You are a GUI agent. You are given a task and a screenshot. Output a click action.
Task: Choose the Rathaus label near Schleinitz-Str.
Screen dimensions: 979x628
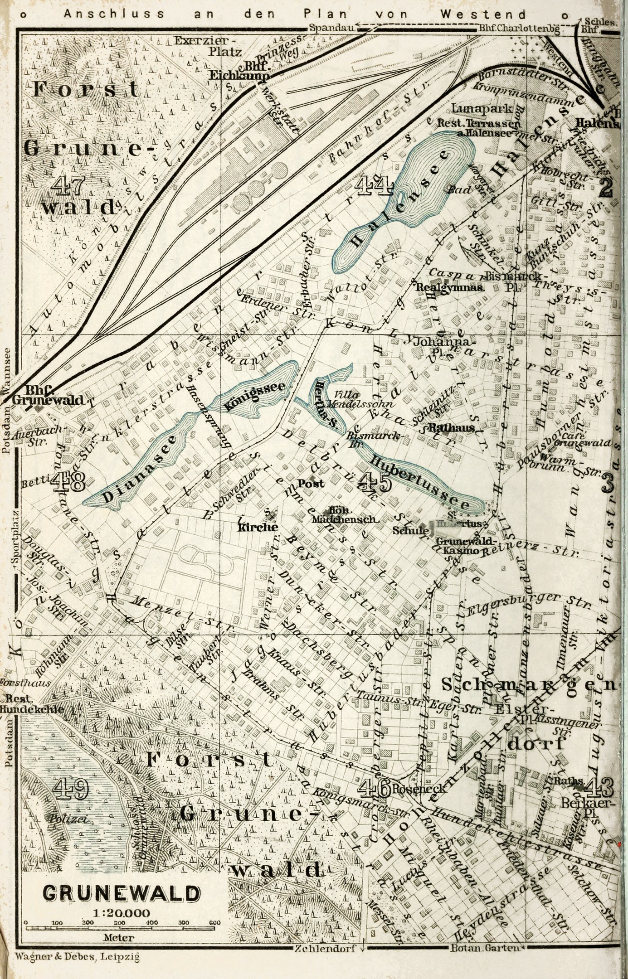click(451, 427)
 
